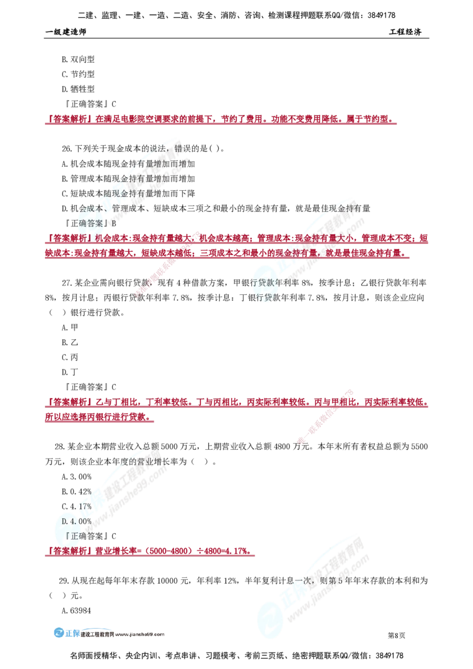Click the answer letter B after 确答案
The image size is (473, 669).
coord(114,224)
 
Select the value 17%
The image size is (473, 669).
coord(83,506)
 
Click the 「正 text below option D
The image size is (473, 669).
coord(74,537)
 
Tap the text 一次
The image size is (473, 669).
coord(311,582)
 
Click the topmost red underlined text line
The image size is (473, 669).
coord(219,121)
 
